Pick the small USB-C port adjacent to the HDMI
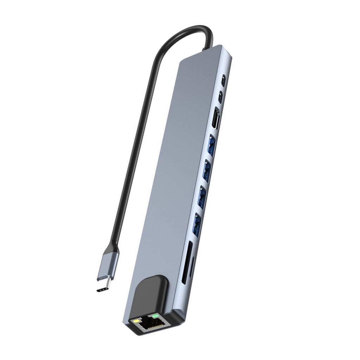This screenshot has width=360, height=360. click(220, 97)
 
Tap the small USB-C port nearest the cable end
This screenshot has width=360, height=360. click(223, 78)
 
